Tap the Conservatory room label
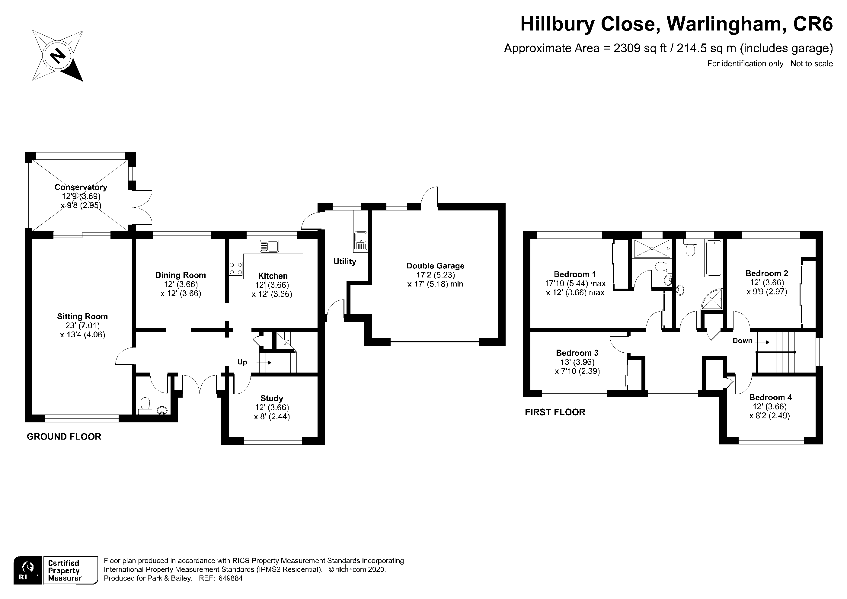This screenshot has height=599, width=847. [x=81, y=187]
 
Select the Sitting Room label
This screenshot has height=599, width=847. [x=82, y=316]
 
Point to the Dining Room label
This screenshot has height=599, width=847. [x=181, y=275]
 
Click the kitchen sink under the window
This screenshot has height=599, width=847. [x=269, y=246]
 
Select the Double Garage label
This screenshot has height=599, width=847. [x=435, y=266]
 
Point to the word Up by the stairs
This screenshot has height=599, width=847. [x=242, y=362]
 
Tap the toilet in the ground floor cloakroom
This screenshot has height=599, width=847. [x=145, y=405]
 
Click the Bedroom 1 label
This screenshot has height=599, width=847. [x=575, y=274]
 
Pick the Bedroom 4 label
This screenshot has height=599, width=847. [x=771, y=398]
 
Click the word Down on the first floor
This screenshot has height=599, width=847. [x=742, y=341]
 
